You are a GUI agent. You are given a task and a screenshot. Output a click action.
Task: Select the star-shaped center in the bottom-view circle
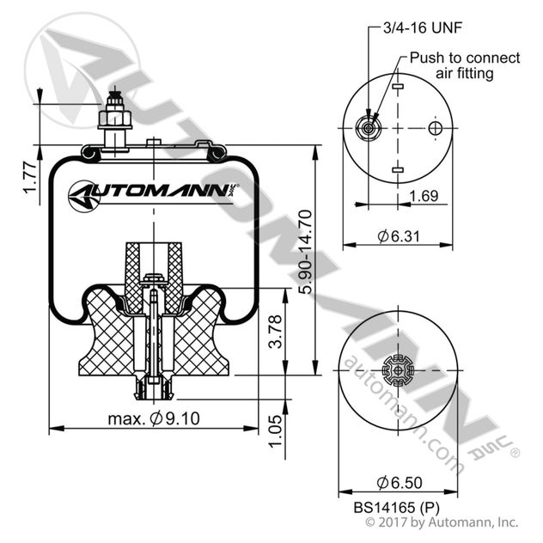[x=396, y=373]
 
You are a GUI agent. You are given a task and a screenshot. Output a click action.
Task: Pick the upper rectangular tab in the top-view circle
[x=396, y=88]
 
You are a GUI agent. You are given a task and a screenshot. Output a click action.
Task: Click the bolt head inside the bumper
[x=154, y=278]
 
